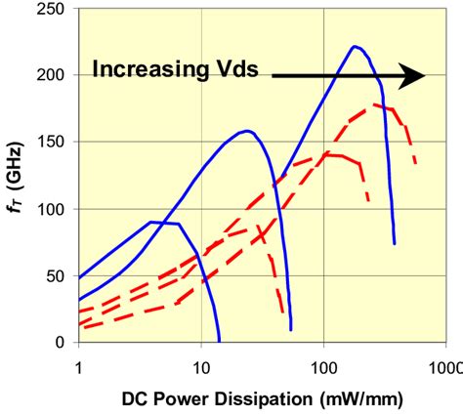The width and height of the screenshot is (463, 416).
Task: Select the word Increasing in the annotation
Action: tap(147, 69)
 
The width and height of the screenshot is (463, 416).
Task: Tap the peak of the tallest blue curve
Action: tap(355, 46)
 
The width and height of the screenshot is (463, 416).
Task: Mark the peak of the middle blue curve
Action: tap(247, 130)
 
